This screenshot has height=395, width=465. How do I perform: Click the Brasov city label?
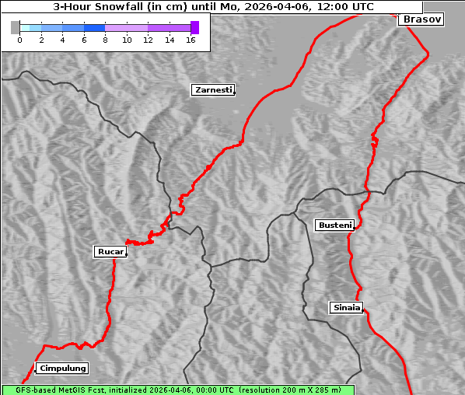(421, 19)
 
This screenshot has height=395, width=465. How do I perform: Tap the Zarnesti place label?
(212, 90)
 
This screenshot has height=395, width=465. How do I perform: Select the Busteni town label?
(334, 225)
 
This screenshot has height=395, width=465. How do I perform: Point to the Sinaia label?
(346, 308)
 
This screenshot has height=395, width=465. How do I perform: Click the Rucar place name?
(110, 252)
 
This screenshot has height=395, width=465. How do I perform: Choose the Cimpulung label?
(62, 369)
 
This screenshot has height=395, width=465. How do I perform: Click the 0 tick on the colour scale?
(19, 40)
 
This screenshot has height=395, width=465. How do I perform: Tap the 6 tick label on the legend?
(84, 40)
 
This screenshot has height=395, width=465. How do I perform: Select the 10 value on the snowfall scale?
(127, 40)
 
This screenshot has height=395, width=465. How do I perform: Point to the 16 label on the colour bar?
(191, 40)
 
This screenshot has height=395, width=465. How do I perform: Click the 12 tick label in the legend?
(148, 40)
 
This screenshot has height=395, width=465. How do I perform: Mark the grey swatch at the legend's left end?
(15, 27)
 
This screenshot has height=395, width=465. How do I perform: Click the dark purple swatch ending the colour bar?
(194, 27)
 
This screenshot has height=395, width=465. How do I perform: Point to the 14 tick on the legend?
(170, 40)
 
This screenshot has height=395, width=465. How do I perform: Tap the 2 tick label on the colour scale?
(41, 40)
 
